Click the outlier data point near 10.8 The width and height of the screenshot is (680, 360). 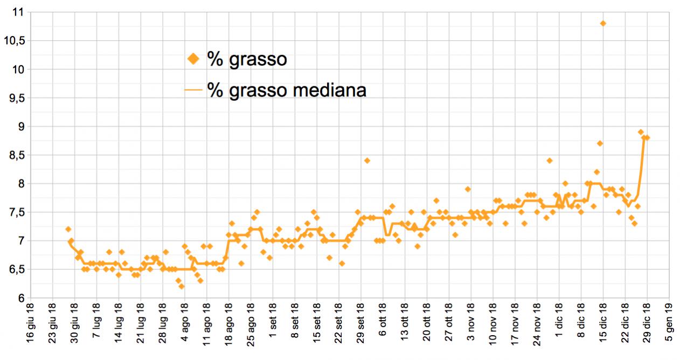click(x=603, y=23)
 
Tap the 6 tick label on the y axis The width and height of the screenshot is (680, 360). click(x=21, y=298)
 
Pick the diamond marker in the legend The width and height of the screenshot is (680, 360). click(x=193, y=59)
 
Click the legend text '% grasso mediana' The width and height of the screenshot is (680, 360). click(x=287, y=90)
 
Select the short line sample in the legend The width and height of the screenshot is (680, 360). click(x=193, y=90)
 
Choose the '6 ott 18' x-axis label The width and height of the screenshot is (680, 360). click(x=384, y=327)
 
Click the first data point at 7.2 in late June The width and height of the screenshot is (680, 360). click(x=68, y=230)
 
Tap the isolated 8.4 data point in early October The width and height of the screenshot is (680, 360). click(x=367, y=161)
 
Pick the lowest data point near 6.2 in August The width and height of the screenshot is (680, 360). click(x=182, y=286)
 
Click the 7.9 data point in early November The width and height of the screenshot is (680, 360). click(x=468, y=189)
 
